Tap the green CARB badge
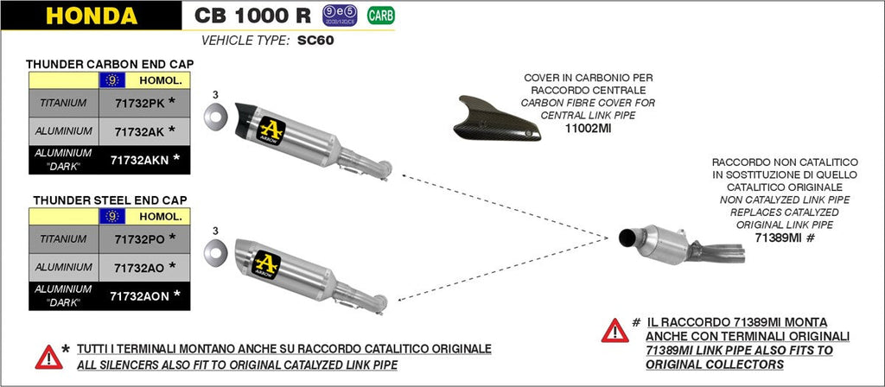378,15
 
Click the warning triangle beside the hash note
614,331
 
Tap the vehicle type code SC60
317,40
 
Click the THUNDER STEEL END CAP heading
110,200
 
